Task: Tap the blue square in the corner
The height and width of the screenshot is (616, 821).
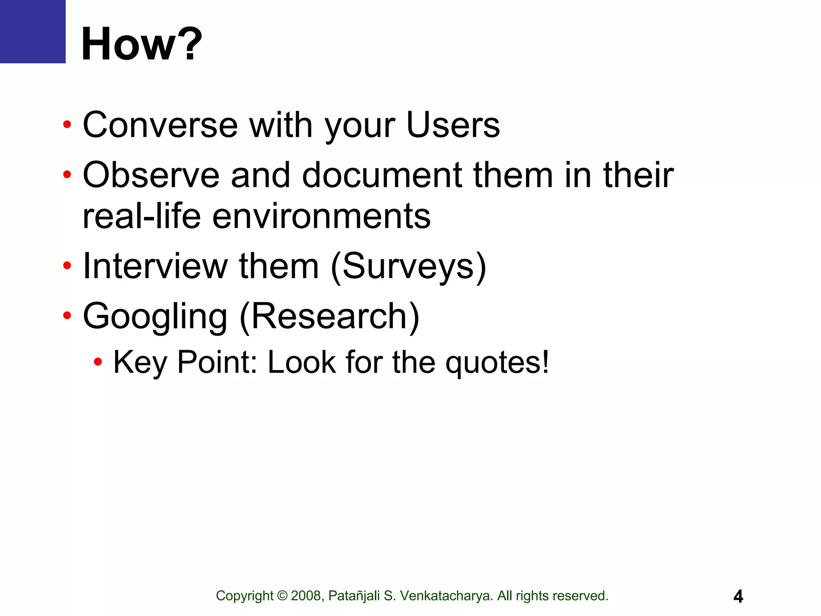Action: pos(32,31)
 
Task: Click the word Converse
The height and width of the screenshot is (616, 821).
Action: pos(160,125)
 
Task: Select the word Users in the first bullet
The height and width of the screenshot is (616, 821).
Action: pos(453,125)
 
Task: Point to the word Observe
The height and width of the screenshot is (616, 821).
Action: pos(151,175)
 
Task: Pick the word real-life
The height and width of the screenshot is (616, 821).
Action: pos(142,217)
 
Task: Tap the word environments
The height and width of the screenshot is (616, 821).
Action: pos(321,217)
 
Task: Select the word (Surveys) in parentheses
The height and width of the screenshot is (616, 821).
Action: pos(408,267)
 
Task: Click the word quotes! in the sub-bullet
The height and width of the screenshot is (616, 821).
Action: pos(497,363)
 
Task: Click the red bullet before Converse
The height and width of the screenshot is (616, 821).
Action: pos(67,124)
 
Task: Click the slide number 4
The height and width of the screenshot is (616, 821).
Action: pos(738,596)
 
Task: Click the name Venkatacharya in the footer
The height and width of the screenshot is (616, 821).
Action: pos(446,596)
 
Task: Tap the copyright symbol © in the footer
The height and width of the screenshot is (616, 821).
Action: pos(282,596)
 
